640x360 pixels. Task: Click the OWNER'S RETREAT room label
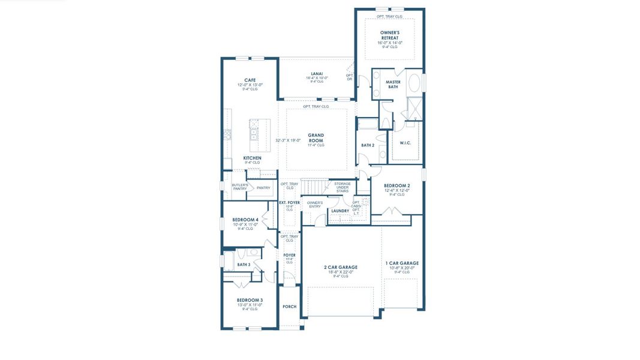tap(389, 35)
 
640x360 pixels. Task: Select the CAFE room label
tap(250, 80)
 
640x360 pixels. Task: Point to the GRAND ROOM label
tap(316, 138)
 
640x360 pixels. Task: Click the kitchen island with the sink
tap(259, 135)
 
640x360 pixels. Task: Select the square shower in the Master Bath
tap(414, 108)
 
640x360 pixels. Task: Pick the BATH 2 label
tap(368, 145)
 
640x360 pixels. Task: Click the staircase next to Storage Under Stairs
tap(314, 187)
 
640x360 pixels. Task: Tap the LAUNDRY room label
tap(340, 211)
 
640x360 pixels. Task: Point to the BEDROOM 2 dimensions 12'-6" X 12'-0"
tap(397, 190)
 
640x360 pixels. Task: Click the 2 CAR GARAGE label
tap(340, 267)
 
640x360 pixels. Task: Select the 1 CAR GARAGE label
tap(402, 263)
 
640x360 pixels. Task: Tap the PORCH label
tap(290, 307)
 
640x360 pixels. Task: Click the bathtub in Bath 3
tap(229, 261)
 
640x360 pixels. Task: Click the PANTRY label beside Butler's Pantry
tap(263, 188)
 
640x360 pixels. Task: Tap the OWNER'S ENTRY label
tap(315, 205)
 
